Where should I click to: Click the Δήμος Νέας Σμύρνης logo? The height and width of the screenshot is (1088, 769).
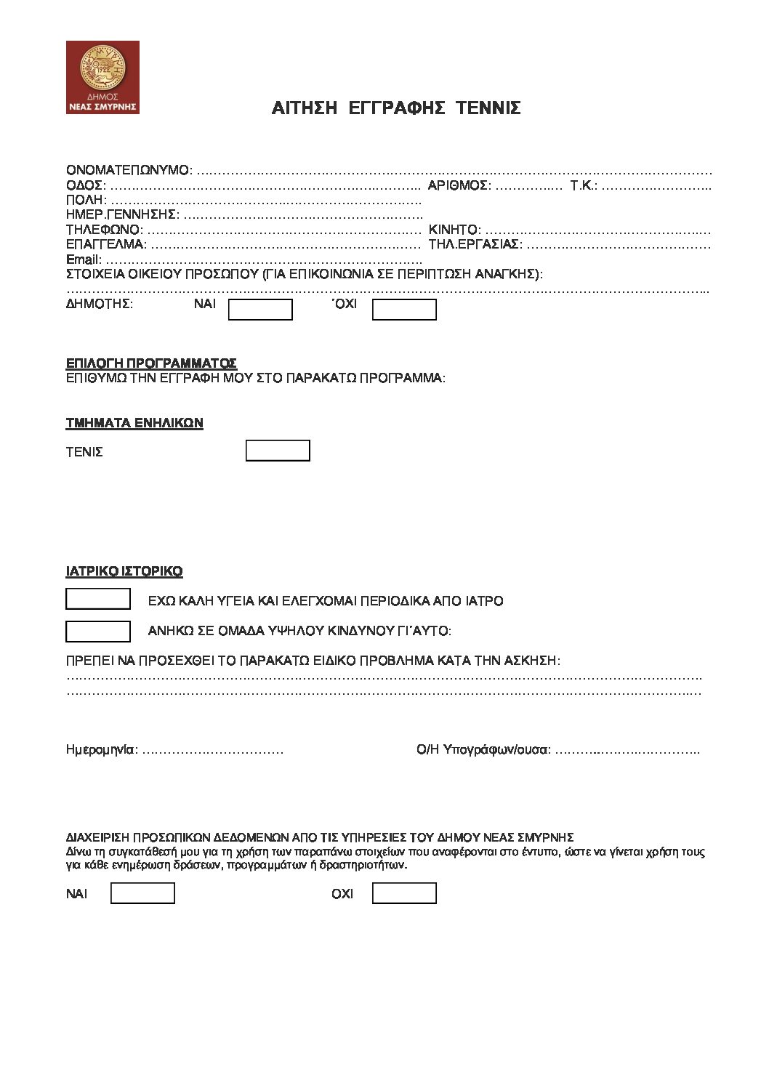pos(102,77)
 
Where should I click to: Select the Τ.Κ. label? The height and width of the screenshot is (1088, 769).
pos(584,185)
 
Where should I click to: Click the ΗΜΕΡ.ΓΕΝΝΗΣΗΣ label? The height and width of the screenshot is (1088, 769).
pos(122,214)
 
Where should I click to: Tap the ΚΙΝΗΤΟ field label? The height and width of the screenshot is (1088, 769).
pos(454,230)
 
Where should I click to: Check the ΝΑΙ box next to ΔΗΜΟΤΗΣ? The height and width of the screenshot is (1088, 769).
pos(260,310)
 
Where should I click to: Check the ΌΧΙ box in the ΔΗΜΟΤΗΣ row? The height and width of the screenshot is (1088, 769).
pos(404,310)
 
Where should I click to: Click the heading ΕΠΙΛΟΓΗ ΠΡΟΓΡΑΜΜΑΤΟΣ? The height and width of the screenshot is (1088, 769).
pos(151,363)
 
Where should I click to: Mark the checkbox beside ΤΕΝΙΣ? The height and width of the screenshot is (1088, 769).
pos(278,451)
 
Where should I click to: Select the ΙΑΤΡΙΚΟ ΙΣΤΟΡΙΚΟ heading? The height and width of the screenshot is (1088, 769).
pos(124,571)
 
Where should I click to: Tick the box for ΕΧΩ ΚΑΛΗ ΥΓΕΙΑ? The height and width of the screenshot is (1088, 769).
pos(98,599)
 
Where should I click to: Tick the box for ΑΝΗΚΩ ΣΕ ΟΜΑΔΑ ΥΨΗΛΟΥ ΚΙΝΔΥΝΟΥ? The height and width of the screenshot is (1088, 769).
pos(98,632)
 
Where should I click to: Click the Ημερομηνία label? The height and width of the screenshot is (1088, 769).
pos(101,749)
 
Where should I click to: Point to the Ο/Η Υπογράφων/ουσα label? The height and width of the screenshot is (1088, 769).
pos(483,749)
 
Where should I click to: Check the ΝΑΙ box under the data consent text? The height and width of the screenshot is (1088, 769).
pos(142,893)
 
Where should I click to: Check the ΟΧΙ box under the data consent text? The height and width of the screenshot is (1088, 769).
pos(404,893)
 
